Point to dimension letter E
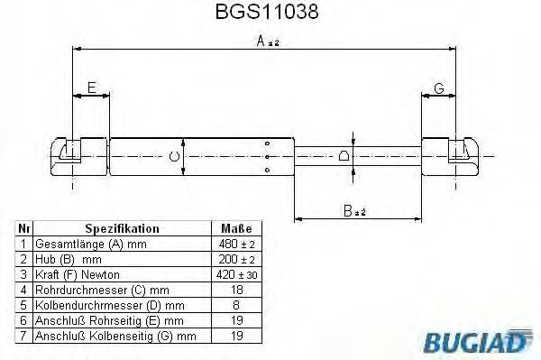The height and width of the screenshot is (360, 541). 90,88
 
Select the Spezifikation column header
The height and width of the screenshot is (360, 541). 122,229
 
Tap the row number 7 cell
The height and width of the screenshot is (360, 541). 24,336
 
